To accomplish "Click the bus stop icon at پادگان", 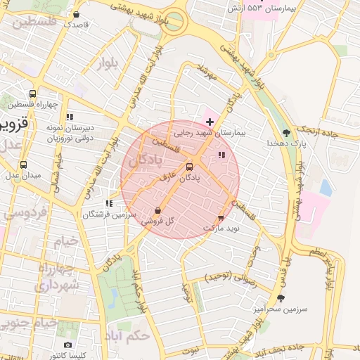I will (x=189, y=167).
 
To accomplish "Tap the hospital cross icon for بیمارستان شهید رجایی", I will (x=210, y=122).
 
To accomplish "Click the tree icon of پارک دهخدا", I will (x=285, y=132).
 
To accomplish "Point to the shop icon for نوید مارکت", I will (x=221, y=219).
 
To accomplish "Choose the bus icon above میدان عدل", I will (x=24, y=165).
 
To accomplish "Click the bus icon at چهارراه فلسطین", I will (x=32, y=94).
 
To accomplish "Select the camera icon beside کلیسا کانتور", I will (x=67, y=345).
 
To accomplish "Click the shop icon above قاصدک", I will (x=76, y=14).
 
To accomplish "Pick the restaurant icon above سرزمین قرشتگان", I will (x=108, y=203).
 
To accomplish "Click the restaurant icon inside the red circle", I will (x=221, y=155).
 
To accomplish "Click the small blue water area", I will (x=326, y=187).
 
